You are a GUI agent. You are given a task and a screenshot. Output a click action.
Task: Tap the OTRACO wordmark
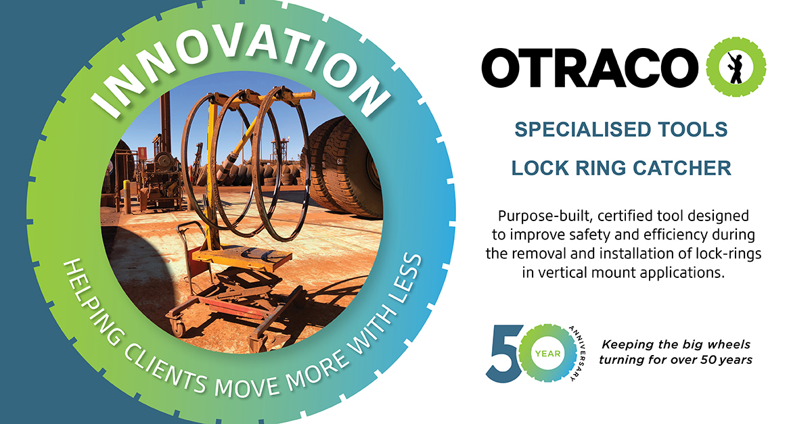pyautogui.click(x=590, y=68)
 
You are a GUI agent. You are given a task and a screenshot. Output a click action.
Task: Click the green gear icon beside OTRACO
pyautogui.click(x=736, y=67)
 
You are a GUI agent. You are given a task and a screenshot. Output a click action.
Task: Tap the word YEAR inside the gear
pyautogui.click(x=547, y=354)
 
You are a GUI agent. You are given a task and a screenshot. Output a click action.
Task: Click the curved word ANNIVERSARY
pyautogui.click(x=578, y=353)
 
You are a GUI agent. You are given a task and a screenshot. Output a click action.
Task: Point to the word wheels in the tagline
pyautogui.click(x=729, y=344)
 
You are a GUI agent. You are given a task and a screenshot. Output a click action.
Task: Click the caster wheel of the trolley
pyautogui.click(x=177, y=329)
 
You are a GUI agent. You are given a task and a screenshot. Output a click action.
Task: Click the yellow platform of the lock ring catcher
pyautogui.click(x=242, y=256)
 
